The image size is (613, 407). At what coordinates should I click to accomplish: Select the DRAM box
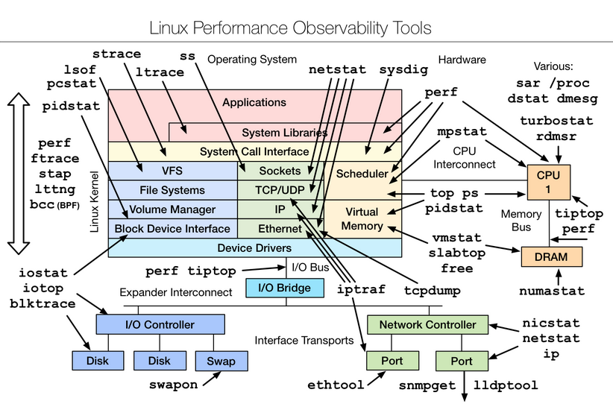pyautogui.click(x=551, y=257)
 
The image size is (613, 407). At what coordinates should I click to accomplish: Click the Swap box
pyautogui.click(x=221, y=361)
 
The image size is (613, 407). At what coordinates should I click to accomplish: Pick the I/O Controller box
pyautogui.click(x=160, y=325)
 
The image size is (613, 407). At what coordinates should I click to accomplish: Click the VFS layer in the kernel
pyautogui.click(x=172, y=171)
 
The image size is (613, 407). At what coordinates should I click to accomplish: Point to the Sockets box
pyautogui.click(x=280, y=171)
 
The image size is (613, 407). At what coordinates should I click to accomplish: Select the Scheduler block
pyautogui.click(x=362, y=174)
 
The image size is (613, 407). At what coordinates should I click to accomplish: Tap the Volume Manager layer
pyautogui.click(x=172, y=209)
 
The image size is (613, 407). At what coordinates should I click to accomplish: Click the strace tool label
pyautogui.click(x=116, y=54)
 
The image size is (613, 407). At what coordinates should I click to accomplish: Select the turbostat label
pyautogui.click(x=556, y=120)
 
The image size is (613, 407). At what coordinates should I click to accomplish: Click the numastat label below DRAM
pyautogui.click(x=552, y=291)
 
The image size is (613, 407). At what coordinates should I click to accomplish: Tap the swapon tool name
pyautogui.click(x=174, y=385)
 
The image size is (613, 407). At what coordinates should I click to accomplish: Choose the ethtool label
pyautogui.click(x=336, y=385)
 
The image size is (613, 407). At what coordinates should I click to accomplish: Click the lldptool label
pyautogui.click(x=504, y=385)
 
